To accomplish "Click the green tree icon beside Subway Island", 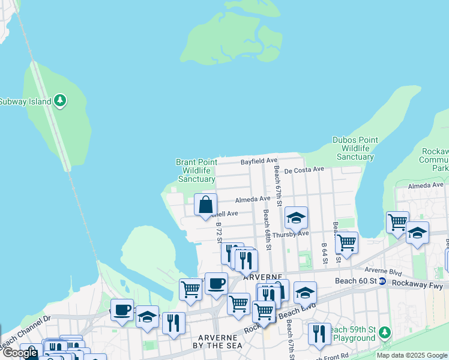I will (x=60, y=101).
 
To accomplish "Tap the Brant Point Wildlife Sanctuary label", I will (x=196, y=170).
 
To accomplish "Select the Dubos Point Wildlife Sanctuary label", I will (x=355, y=148).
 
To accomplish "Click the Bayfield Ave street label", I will (x=259, y=161).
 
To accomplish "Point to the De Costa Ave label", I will (x=304, y=170).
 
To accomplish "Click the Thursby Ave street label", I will (x=290, y=234).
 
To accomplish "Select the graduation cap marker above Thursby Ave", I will (x=296, y=218).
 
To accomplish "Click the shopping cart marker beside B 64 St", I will (x=346, y=243).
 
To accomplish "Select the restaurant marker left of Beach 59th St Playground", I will (x=319, y=334).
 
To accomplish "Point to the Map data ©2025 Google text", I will (x=412, y=355).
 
